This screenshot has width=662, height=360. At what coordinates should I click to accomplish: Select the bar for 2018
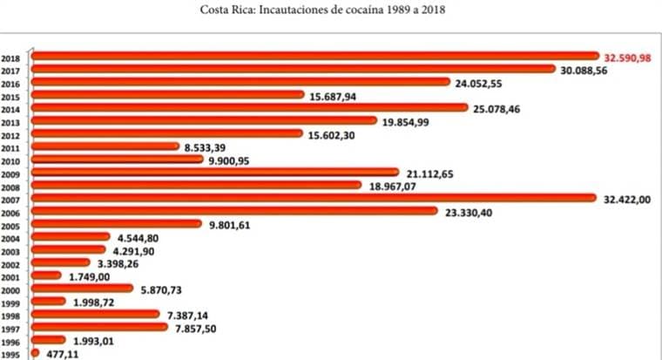[314, 56]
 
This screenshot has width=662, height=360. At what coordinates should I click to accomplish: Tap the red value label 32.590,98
[627, 57]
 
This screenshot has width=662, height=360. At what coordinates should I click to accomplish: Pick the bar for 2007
[314, 198]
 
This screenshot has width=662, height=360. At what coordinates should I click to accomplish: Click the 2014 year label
[11, 110]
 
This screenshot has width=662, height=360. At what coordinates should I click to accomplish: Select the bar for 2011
[105, 146]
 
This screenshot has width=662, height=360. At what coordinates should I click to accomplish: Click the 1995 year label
[11, 355]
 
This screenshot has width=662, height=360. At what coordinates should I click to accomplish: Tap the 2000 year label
[11, 289]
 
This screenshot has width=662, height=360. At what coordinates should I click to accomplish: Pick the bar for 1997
[98, 328]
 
